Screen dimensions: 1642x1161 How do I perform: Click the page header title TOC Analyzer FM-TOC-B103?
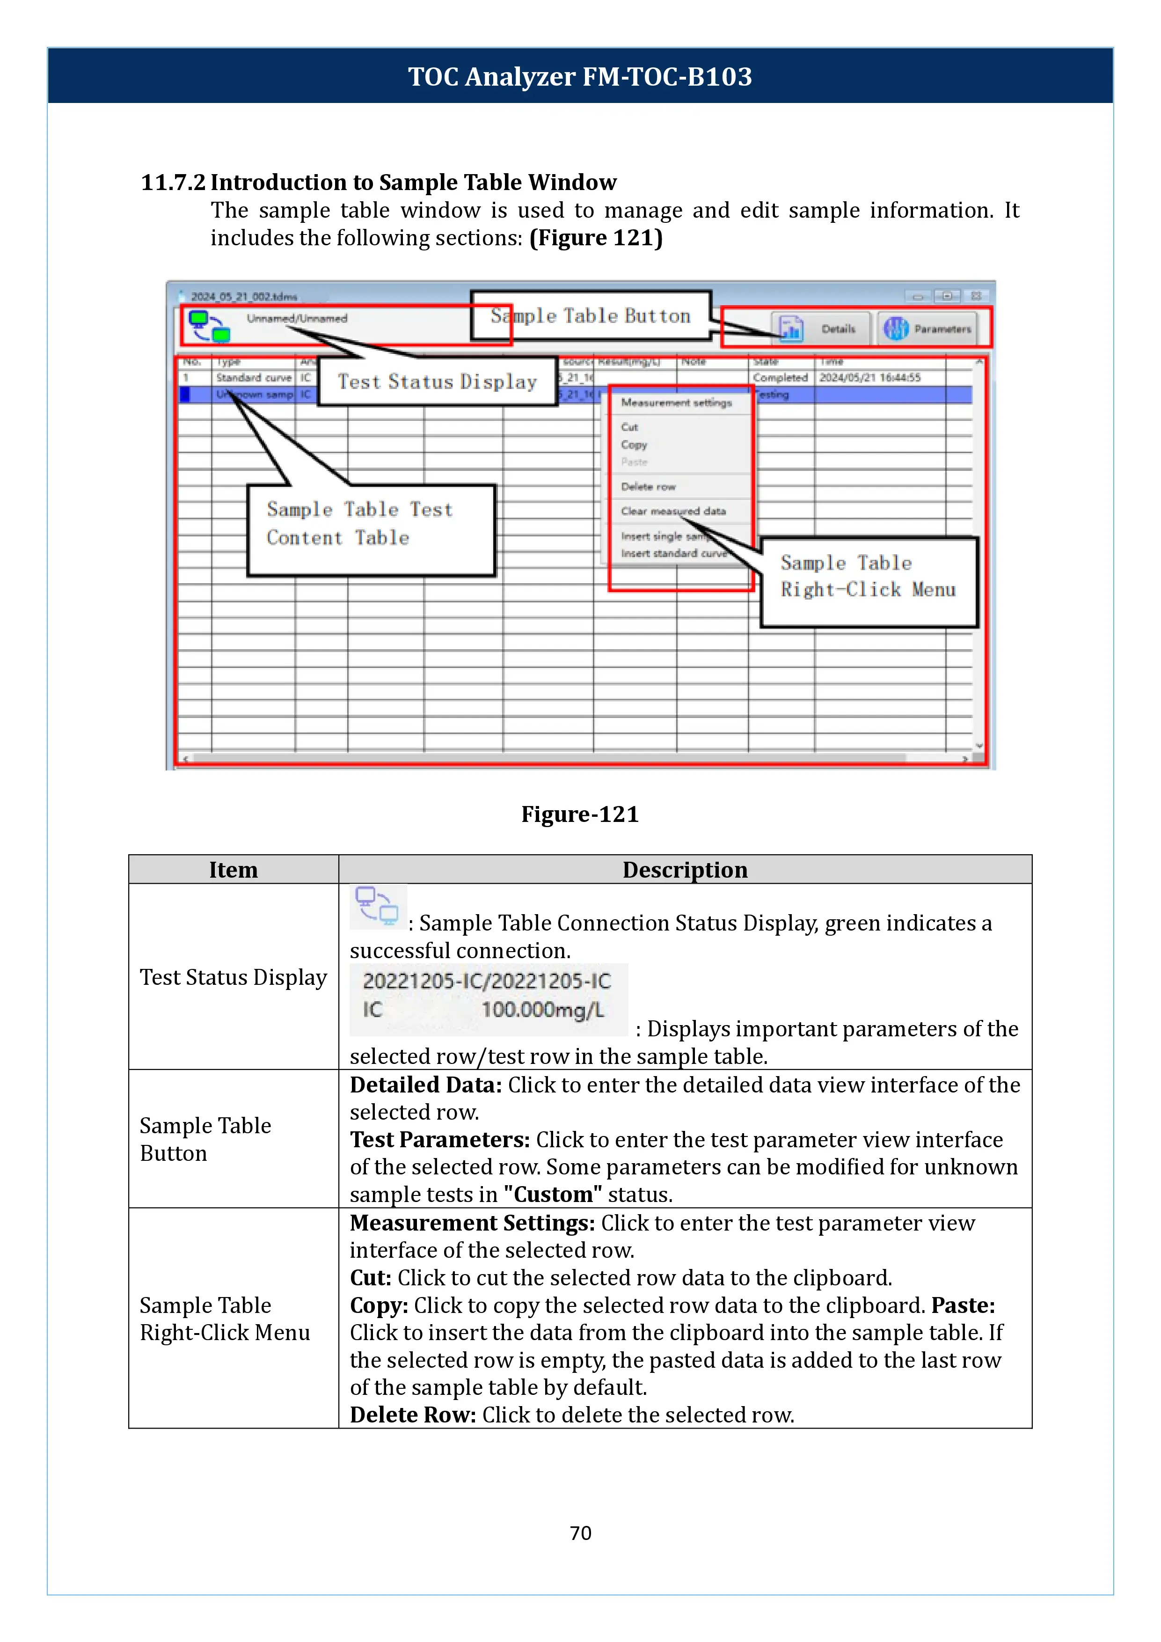coord(580,76)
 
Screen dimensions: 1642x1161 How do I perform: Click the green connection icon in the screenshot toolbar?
coord(210,326)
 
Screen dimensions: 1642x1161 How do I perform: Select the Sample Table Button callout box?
coord(591,315)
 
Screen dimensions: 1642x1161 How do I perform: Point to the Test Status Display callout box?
coord(437,381)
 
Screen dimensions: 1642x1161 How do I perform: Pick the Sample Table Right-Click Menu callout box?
coord(868,581)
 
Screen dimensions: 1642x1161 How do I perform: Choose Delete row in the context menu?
coord(648,487)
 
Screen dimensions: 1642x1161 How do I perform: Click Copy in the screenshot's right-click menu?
coord(634,445)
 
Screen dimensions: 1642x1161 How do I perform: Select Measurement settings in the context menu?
coord(676,403)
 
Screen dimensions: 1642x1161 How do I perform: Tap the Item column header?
coord(233,870)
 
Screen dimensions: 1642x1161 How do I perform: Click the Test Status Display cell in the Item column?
coord(233,977)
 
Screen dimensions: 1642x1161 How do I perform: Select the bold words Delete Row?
coord(412,1415)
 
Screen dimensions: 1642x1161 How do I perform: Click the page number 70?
coord(580,1532)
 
